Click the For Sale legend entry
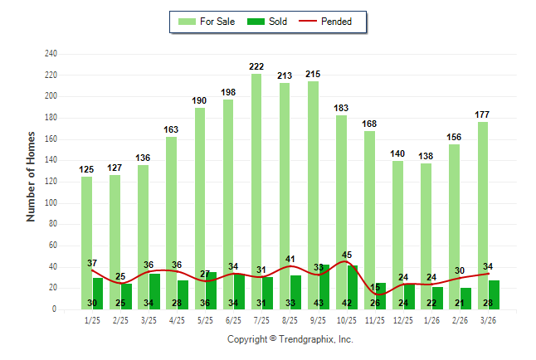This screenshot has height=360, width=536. coord(208,22)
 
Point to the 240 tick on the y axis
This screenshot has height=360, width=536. coord(51,54)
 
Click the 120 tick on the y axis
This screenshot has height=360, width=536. coord(51,182)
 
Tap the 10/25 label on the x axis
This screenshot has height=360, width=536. coord(347,320)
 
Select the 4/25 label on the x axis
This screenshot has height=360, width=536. coord(177,320)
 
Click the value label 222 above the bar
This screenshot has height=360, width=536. coord(256,66)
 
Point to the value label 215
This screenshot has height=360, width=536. coord(313,74)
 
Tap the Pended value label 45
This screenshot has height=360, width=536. coord(347,255)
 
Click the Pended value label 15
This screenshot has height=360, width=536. coord(375,287)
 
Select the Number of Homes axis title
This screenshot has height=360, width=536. coord(32,176)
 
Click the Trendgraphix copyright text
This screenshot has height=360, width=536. coord(290,339)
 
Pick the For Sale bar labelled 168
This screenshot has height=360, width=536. coord(369,220)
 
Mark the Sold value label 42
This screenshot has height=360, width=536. coord(347,303)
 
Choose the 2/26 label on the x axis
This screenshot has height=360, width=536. coord(460,320)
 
